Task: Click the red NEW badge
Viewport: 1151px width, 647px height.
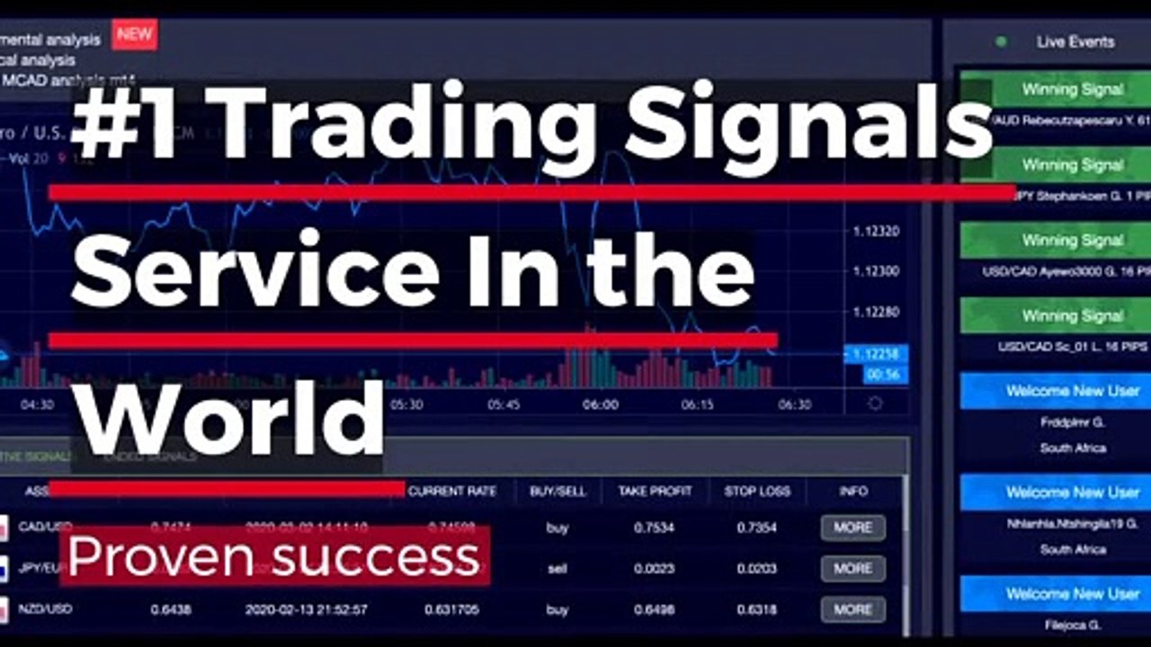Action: pos(134,35)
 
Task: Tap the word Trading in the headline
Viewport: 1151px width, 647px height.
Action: pos(397,125)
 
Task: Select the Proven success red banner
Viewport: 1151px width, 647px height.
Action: pos(274,556)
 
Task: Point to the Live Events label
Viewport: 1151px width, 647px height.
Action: pos(1075,41)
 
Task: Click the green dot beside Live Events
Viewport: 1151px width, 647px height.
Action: pos(1001,41)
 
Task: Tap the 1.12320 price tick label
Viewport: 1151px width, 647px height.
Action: pos(876,232)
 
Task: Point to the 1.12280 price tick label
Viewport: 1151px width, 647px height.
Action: pos(876,312)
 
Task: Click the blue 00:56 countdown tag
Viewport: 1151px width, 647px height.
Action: pos(885,375)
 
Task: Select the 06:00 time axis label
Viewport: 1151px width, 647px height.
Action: pos(600,404)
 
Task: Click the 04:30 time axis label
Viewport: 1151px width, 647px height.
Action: pos(38,404)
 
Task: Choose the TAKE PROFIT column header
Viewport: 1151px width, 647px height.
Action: pos(655,491)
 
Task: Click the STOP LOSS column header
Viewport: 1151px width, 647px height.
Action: pos(757,491)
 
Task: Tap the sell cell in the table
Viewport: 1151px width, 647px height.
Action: pos(558,568)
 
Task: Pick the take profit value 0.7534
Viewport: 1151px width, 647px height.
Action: pos(654,527)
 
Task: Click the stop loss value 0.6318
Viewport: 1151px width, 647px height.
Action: pos(756,609)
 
